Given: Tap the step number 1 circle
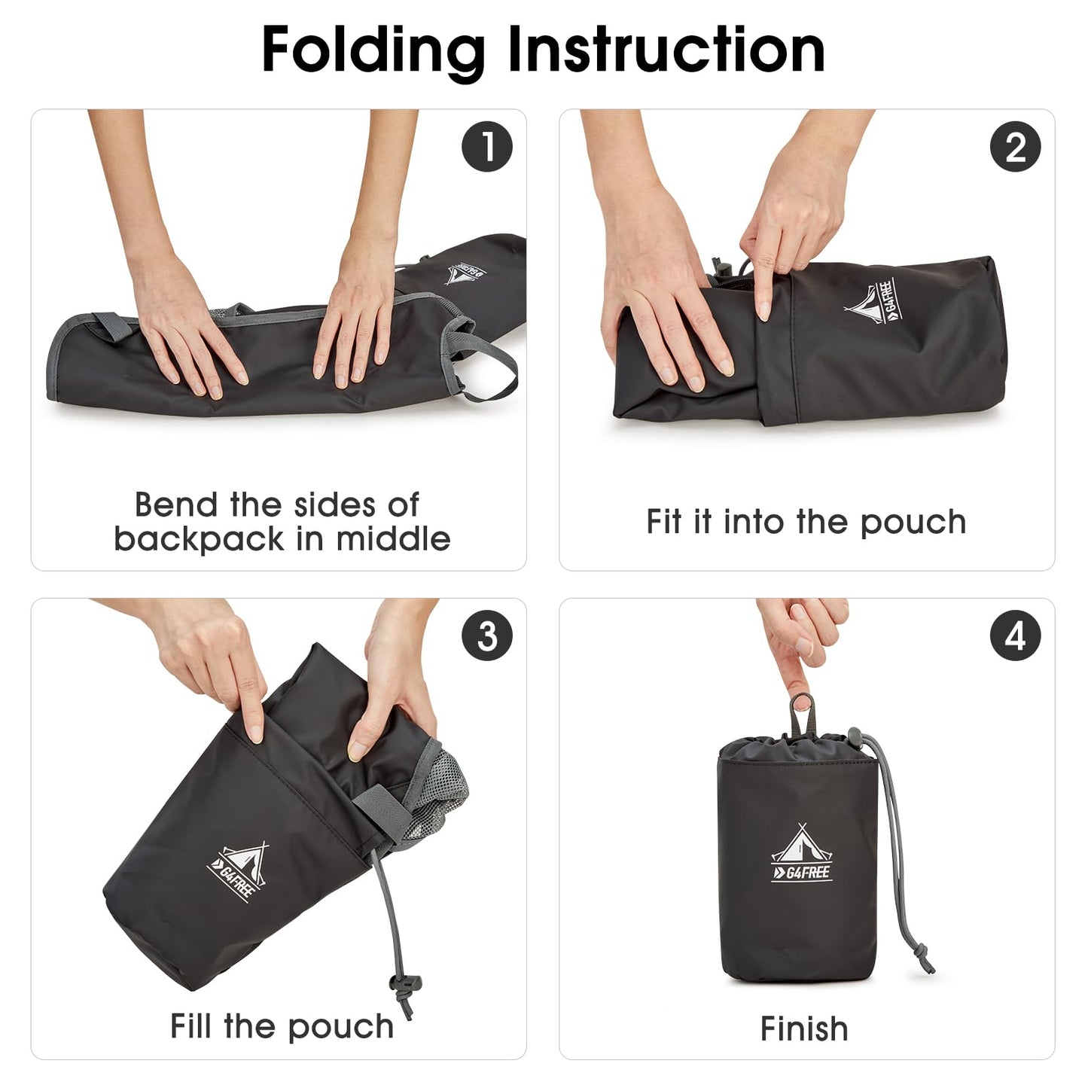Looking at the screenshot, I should [x=487, y=146].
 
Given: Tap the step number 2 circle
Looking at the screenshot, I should [x=1015, y=146].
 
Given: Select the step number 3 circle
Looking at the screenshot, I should [x=487, y=635].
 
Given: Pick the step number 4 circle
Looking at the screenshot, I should [x=1015, y=635].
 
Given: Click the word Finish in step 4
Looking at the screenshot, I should [x=804, y=1029].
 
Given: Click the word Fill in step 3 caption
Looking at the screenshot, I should [x=191, y=1026].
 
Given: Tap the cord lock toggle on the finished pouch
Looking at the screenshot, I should [x=855, y=736].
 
